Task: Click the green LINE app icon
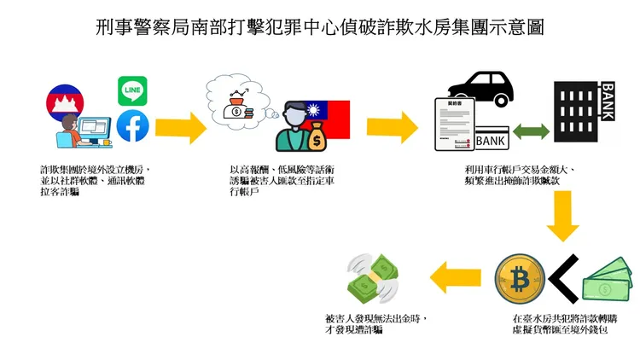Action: click(x=133, y=90)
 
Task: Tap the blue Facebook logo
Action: click(x=132, y=126)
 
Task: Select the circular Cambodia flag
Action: click(x=69, y=103)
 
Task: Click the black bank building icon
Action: click(x=590, y=112)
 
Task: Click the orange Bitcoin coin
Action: click(x=520, y=278)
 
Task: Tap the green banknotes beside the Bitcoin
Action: click(x=608, y=282)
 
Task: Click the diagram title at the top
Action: click(x=320, y=26)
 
